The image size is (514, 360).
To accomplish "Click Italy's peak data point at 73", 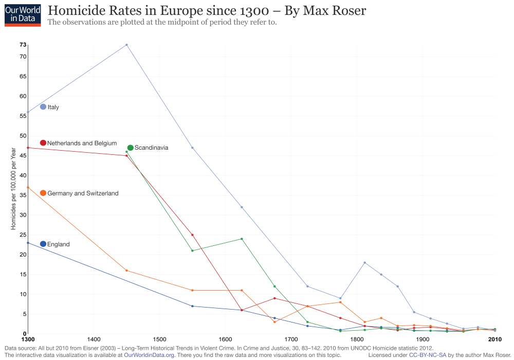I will [126, 45].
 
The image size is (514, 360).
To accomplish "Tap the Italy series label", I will [53, 107].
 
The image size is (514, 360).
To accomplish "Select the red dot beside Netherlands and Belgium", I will [43, 143].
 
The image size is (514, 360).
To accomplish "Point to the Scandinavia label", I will [151, 148].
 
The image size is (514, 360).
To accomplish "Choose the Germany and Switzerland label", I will [83, 193].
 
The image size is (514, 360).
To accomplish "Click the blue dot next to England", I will [43, 244].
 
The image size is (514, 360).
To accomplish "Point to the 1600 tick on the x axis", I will [225, 339].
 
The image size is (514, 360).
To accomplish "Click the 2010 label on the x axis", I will [494, 339].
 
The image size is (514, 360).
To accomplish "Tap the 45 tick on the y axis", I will [23, 155].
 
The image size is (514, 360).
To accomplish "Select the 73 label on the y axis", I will [23, 45].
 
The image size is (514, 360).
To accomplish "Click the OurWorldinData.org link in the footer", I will [149, 355].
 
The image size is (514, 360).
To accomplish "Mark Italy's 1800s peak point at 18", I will [365, 262].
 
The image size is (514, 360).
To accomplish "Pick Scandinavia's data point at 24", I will [242, 239].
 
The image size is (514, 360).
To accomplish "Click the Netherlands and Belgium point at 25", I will [192, 235].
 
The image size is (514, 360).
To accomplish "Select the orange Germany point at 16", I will [126, 271].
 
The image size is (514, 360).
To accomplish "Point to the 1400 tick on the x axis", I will [94, 339].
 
